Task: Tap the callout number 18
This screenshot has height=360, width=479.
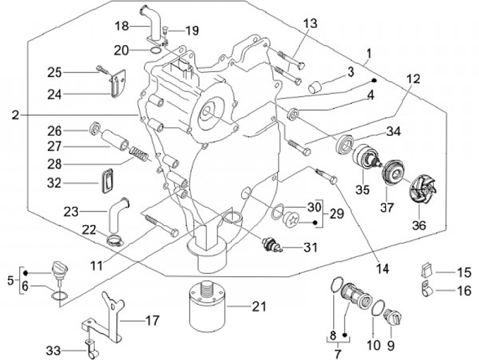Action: coord(122,26)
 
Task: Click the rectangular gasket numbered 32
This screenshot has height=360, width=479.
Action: coord(106,181)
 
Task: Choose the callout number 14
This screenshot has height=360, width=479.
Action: coord(382,269)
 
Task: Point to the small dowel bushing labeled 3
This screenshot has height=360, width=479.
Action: coord(314,86)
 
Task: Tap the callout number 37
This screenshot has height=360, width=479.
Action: coord(387,208)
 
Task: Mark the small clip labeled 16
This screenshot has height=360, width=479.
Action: coord(426,289)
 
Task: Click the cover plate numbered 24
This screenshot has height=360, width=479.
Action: coord(118,83)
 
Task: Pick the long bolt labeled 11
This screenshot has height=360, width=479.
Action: coord(162,226)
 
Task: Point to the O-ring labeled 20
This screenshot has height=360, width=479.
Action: coord(156,51)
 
